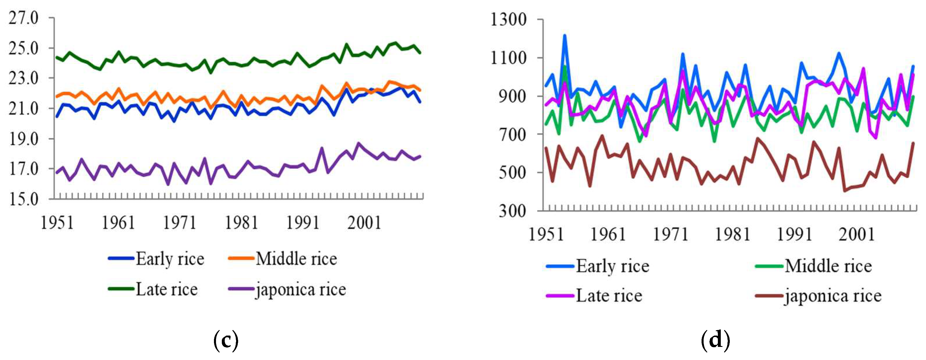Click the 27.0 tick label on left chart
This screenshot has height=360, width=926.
tap(24, 18)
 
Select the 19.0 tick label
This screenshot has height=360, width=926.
tap(24, 139)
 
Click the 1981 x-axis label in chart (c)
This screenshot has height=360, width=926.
tap(241, 223)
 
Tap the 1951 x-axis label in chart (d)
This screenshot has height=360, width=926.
tap(546, 234)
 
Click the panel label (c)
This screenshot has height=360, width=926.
tap(226, 339)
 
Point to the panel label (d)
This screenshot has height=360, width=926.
tap(715, 339)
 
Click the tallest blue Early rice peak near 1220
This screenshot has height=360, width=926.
tap(565, 36)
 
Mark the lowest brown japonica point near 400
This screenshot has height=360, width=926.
tap(845, 190)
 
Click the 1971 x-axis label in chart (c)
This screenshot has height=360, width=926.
tap(179, 223)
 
